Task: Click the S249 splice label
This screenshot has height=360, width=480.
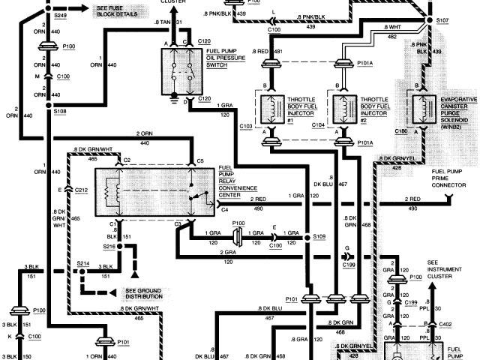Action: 60,14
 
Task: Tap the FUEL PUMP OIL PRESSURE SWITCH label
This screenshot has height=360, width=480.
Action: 223,59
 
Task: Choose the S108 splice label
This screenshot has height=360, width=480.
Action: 61,110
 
